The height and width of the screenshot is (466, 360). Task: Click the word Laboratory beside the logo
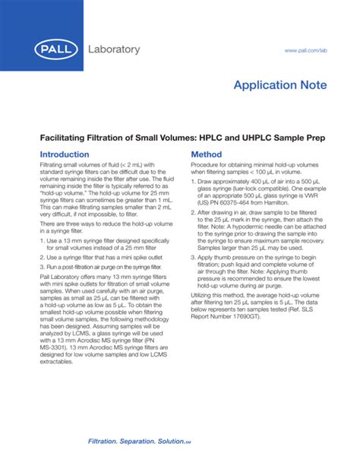pyautogui.click(x=115, y=50)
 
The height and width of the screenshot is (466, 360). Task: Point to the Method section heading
pyautogui.click(x=206, y=154)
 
